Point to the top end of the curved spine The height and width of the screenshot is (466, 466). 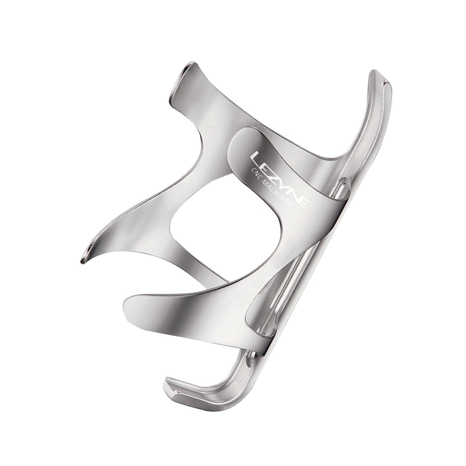click(377, 75)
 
